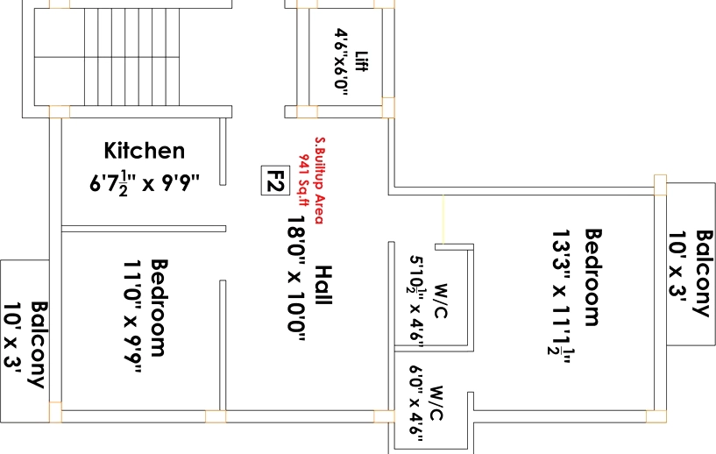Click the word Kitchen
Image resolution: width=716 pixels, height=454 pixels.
(x=145, y=150)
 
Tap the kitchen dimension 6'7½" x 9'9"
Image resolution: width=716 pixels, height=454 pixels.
(x=145, y=183)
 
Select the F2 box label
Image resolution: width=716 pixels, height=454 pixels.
(x=275, y=181)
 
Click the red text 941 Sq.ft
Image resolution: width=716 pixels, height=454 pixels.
(x=304, y=180)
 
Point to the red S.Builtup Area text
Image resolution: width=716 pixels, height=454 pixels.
(x=320, y=181)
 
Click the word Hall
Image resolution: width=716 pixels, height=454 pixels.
(x=323, y=286)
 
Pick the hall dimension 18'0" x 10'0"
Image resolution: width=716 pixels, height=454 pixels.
(x=296, y=279)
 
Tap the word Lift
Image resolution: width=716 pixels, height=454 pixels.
(x=361, y=61)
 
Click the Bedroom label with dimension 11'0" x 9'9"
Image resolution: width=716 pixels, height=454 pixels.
(x=159, y=308)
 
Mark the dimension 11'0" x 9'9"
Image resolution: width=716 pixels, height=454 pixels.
(x=132, y=316)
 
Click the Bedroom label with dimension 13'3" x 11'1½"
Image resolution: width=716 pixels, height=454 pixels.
(x=593, y=277)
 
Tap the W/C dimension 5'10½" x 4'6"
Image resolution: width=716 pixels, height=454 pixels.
(x=416, y=301)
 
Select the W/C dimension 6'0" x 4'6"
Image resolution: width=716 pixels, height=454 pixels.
(x=416, y=403)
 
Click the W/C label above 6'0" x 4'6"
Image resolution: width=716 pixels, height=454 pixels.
(x=436, y=403)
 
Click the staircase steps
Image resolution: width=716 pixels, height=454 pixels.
(x=131, y=57)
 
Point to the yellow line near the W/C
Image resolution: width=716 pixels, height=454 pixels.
(x=443, y=219)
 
